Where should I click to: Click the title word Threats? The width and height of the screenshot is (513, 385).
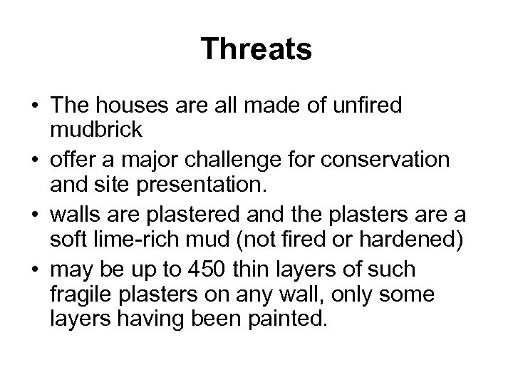point(256,49)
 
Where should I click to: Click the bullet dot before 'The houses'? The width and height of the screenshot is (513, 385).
point(34,107)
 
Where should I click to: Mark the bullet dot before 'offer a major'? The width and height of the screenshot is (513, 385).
point(34,160)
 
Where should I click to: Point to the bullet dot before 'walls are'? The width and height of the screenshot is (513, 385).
point(34,215)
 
